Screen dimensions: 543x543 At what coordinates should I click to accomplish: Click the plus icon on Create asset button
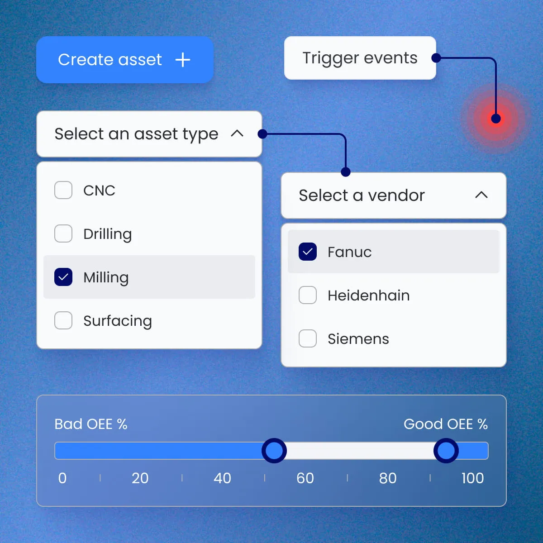tap(183, 60)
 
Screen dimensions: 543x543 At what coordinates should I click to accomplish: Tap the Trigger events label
tap(360, 58)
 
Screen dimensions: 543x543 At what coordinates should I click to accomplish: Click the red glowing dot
tap(495, 119)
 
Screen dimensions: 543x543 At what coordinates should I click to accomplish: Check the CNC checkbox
tap(63, 190)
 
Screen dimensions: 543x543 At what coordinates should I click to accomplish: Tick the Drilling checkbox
tap(63, 233)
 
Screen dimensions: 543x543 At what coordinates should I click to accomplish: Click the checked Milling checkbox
tap(63, 277)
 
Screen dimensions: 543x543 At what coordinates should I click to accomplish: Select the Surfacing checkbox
tap(63, 320)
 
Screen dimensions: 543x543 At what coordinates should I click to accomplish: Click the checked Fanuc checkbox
tap(307, 252)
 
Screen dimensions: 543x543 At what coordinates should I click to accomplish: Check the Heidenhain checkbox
tap(307, 295)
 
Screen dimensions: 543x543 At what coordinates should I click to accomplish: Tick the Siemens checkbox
tap(307, 338)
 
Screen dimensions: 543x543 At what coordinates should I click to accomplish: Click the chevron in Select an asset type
tap(237, 133)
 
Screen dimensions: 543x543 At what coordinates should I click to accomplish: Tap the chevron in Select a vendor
tap(481, 195)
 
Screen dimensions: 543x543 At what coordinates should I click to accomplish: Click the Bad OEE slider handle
tap(274, 451)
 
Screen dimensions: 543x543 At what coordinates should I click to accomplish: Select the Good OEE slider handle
tap(446, 451)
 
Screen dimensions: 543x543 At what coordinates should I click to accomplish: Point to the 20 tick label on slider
tap(140, 478)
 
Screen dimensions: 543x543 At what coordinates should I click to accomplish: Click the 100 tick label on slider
tap(472, 478)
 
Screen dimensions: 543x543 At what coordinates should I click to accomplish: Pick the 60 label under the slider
tap(305, 478)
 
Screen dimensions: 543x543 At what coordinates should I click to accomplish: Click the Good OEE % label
tap(446, 424)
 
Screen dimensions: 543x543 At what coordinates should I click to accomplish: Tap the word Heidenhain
tap(369, 295)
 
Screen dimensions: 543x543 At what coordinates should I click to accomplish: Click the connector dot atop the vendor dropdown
tap(345, 171)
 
